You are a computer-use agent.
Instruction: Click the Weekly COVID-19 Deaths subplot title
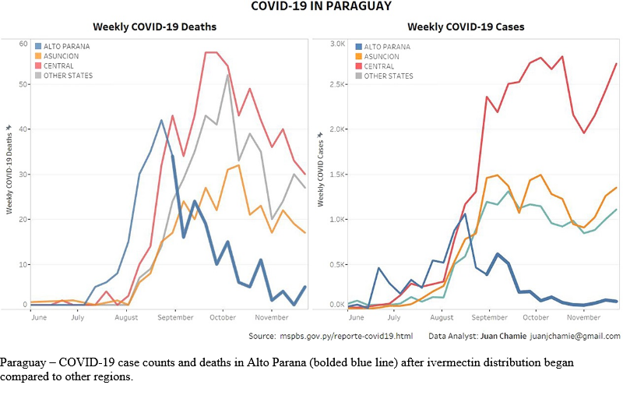[x=154, y=26]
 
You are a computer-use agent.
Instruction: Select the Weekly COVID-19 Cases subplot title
[x=466, y=26]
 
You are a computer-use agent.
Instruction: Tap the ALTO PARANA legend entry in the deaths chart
[x=65, y=46]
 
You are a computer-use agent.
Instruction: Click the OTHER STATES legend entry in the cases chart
[x=389, y=76]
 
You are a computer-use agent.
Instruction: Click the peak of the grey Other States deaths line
[x=227, y=75]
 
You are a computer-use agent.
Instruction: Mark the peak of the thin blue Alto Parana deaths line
[x=161, y=120]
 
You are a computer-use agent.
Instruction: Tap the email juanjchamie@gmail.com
[x=575, y=336]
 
